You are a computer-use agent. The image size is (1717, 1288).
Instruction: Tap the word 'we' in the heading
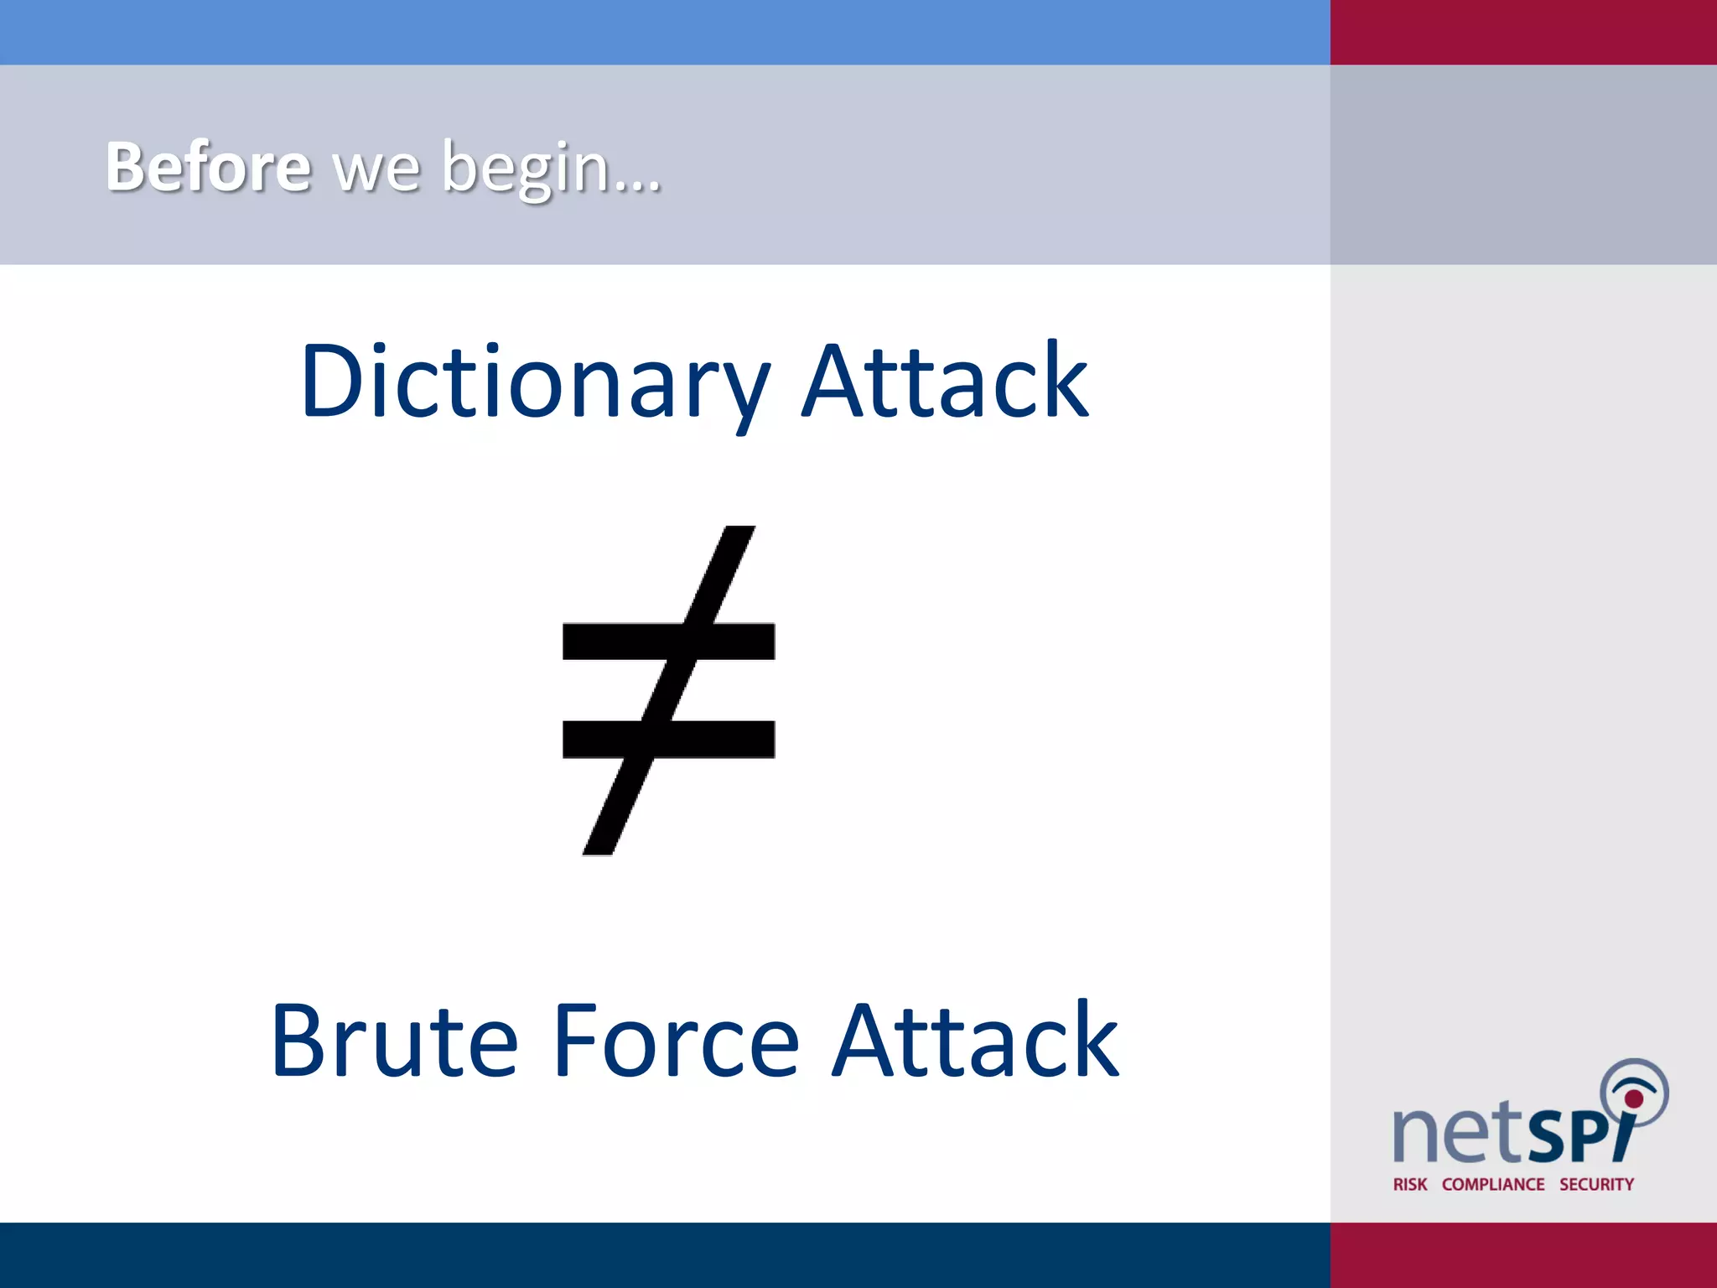pyautogui.click(x=376, y=170)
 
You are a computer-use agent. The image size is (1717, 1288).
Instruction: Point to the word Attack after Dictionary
pyautogui.click(x=945, y=381)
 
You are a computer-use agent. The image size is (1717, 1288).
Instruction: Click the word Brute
pyautogui.click(x=394, y=1041)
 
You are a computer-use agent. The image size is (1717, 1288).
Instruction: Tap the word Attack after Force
pyautogui.click(x=975, y=1041)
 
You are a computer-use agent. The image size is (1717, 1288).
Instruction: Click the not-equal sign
pyautogui.click(x=668, y=690)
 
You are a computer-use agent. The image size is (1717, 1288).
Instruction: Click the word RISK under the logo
pyautogui.click(x=1409, y=1184)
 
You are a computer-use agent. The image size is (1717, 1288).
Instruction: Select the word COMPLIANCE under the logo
pyautogui.click(x=1493, y=1184)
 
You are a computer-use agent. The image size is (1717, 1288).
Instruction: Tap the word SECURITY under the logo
pyautogui.click(x=1596, y=1184)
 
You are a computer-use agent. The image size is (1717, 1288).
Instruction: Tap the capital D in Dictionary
pyautogui.click(x=332, y=382)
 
